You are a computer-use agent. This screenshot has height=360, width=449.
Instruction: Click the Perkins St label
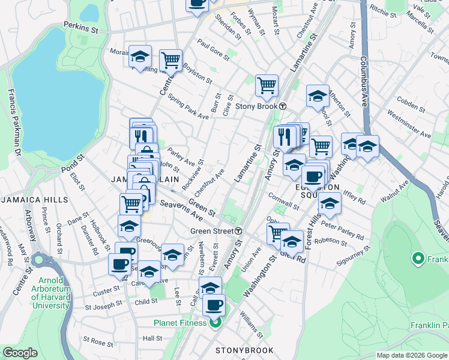pos(80,28)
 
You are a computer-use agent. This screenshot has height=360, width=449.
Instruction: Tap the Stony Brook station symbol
pos(282,106)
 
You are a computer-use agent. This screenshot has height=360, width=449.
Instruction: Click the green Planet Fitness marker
pos(214,323)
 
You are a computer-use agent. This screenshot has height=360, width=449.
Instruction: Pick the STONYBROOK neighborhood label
pos(244,350)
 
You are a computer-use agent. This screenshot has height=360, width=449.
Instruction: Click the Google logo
pos(20,353)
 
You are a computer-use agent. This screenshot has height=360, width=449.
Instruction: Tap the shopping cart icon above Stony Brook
pos(267,85)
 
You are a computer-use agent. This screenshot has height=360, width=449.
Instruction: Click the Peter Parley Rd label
pos(343,230)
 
